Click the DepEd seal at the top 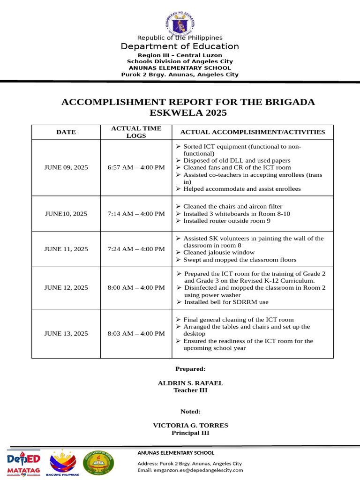tap(180, 24)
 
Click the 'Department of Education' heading tap(180, 46)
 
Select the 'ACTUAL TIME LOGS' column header tap(136, 132)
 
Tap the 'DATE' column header tap(66, 132)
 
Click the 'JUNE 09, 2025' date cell tap(66, 167)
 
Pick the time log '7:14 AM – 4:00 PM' tap(136, 214)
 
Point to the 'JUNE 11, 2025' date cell tap(66, 249)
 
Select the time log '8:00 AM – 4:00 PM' tap(136, 288)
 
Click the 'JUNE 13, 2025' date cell tap(66, 334)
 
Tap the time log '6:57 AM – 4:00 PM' tap(136, 167)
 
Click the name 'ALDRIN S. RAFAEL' tap(190, 383)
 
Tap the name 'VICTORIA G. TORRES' tap(190, 426)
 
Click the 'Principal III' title tap(190, 433)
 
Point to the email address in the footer tap(190, 470)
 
